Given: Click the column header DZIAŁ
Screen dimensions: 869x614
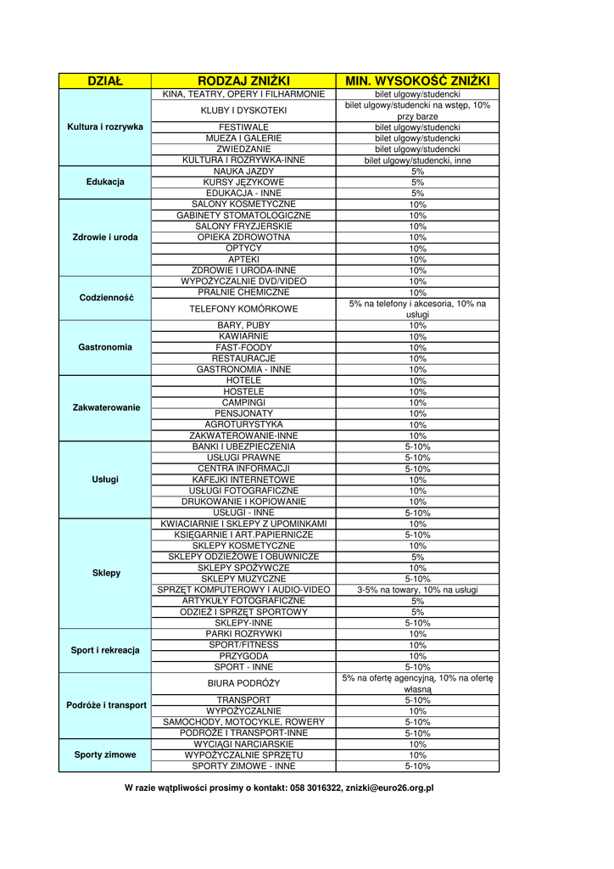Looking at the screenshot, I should tap(105, 81).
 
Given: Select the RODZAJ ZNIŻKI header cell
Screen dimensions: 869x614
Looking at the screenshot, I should tap(243, 81).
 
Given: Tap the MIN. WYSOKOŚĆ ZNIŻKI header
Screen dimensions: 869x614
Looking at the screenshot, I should tap(417, 81).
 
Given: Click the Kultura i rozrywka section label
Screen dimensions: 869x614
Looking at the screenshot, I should tap(105, 126).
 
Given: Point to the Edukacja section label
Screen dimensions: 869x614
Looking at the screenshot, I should tap(105, 182).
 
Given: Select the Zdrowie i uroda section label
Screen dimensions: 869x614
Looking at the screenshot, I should tap(105, 237).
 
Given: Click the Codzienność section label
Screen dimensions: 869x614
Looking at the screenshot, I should tap(105, 298).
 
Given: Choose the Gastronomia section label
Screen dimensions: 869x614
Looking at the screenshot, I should tap(105, 347).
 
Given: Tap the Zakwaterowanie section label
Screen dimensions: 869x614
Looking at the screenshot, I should tap(105, 407).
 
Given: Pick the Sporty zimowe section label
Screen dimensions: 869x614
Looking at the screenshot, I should tap(105, 754).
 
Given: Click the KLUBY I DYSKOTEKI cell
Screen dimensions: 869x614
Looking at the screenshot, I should tap(243, 110).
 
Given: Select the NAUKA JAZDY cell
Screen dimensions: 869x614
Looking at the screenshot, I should tap(243, 171).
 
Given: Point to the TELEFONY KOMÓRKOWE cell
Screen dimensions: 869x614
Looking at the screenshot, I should tap(243, 309).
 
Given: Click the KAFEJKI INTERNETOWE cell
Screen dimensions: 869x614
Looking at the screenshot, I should tap(243, 479).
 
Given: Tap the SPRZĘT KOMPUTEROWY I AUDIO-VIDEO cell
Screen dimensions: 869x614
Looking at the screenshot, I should tap(243, 590).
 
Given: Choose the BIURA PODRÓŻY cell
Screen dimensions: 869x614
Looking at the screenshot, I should tap(243, 683).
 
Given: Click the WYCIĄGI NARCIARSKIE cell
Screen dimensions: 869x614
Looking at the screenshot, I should tap(243, 743).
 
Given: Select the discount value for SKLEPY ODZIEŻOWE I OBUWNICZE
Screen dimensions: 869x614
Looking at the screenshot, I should tap(417, 557).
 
